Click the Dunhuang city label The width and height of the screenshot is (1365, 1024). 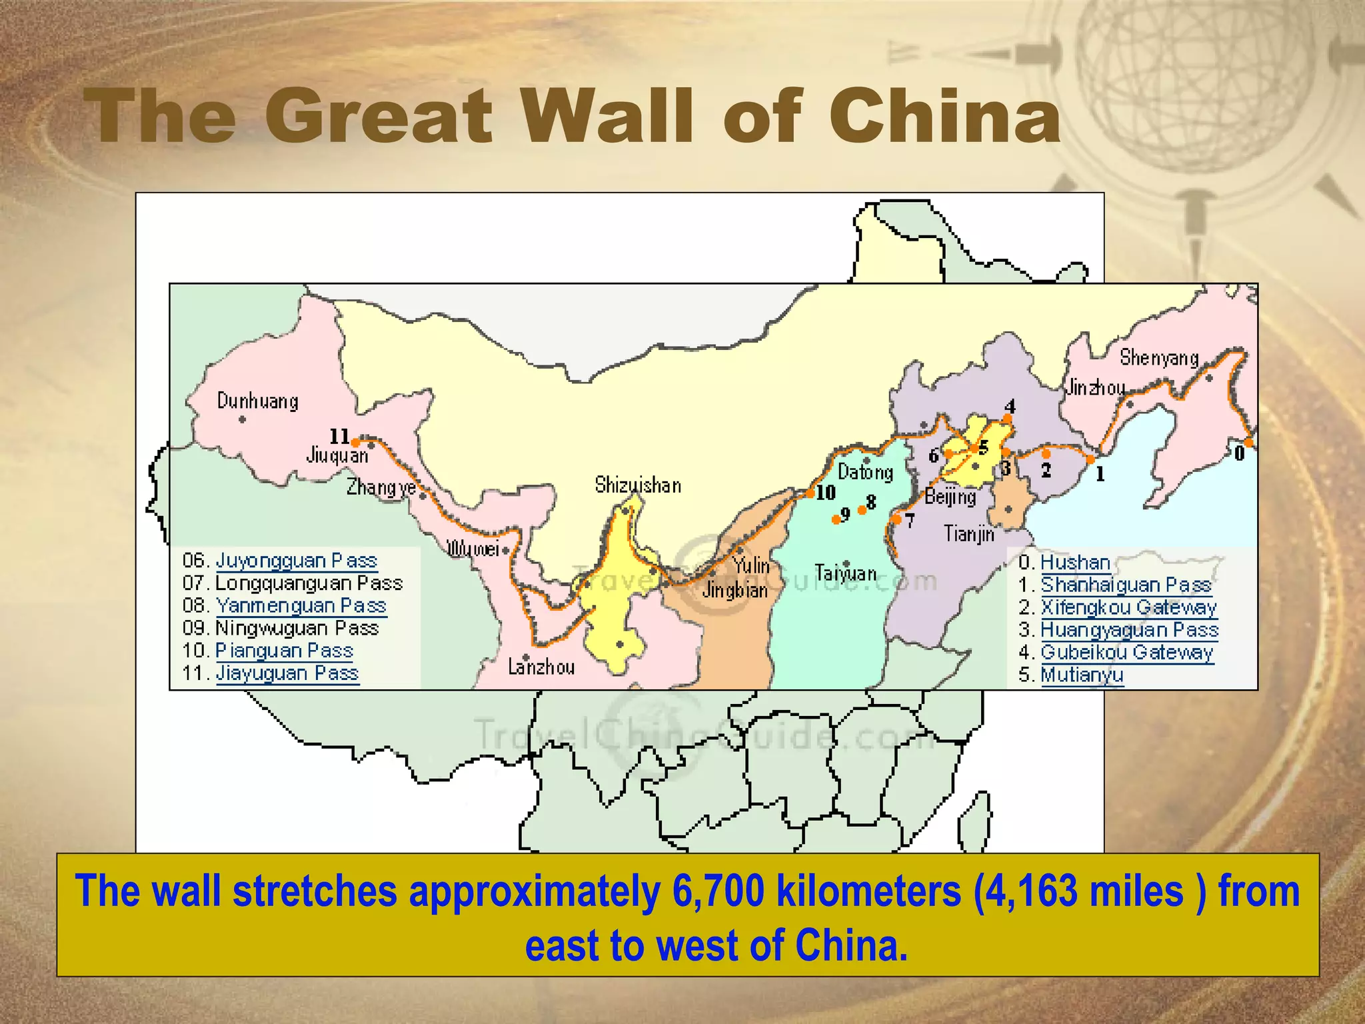(257, 401)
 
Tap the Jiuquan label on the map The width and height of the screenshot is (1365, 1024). (337, 456)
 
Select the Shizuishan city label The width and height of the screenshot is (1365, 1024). (638, 485)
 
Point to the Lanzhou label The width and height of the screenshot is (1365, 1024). (541, 667)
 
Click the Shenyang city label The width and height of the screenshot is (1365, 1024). (1158, 359)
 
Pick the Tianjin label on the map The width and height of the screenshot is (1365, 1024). (969, 534)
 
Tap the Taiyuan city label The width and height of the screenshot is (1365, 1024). (845, 573)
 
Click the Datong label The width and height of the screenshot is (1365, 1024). (865, 473)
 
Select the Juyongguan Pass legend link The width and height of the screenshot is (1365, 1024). (297, 561)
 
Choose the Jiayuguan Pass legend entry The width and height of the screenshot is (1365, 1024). (287, 673)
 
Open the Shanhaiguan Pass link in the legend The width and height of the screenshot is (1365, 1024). (1126, 585)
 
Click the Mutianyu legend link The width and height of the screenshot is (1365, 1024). (1082, 675)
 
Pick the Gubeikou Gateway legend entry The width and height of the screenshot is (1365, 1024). (1126, 653)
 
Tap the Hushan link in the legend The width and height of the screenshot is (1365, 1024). (1075, 563)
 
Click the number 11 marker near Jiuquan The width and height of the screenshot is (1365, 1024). (339, 437)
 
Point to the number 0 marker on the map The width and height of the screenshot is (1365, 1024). (1239, 454)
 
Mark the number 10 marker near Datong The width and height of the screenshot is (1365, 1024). (825, 493)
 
